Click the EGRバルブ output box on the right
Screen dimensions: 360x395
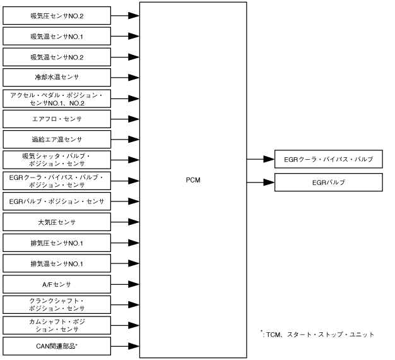(x=329, y=183)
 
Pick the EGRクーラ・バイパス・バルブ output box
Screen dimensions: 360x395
(x=329, y=160)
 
